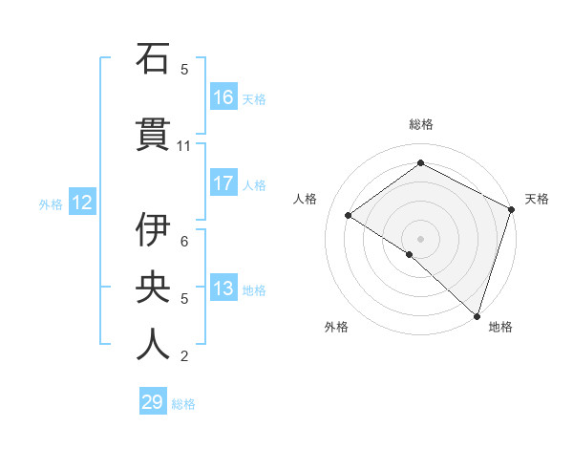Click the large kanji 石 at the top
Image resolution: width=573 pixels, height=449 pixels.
(x=153, y=59)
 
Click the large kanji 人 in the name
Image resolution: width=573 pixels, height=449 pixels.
(x=153, y=343)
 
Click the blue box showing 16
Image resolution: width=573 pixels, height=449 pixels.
(x=223, y=97)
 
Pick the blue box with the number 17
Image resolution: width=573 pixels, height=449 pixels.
(x=223, y=183)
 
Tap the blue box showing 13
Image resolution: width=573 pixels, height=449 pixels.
(x=223, y=289)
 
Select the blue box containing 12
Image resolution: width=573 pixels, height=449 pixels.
(x=82, y=203)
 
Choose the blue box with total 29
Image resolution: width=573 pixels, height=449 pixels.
(x=153, y=402)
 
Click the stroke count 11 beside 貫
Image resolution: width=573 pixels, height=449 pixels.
(x=184, y=146)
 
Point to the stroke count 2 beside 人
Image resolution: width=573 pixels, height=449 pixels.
(x=184, y=356)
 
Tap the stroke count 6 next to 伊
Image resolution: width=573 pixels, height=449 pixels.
(x=184, y=242)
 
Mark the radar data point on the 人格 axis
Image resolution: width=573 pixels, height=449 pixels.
(x=349, y=216)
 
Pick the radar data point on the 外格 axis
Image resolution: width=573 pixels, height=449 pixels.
(x=410, y=254)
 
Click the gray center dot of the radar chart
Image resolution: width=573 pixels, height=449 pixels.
(x=420, y=238)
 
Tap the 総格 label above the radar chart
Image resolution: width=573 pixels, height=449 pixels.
(x=420, y=124)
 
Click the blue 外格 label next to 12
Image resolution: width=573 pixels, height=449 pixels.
(x=51, y=203)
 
